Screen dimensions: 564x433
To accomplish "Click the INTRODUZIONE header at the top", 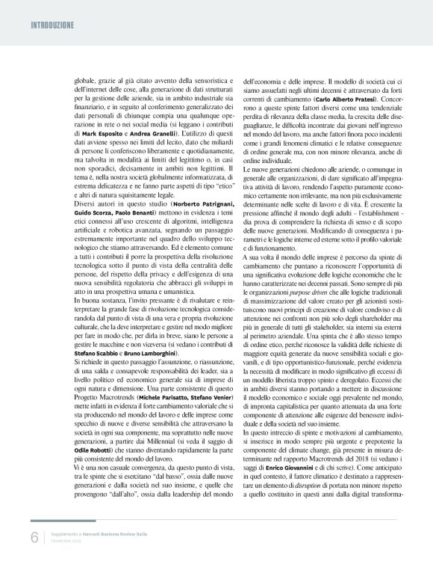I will tap(52, 24).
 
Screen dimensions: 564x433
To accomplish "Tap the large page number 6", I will tap(34, 539).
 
